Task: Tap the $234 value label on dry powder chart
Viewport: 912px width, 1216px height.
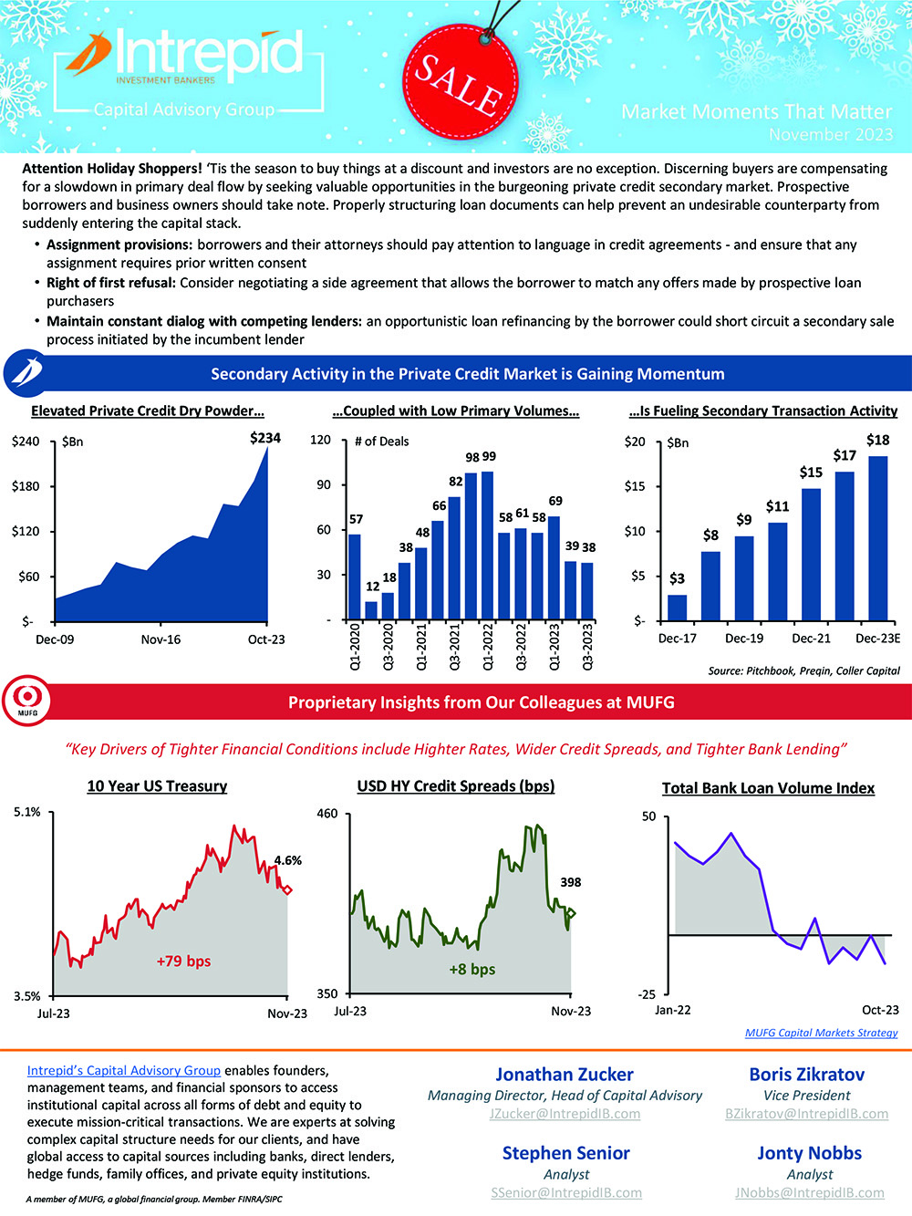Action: [265, 438]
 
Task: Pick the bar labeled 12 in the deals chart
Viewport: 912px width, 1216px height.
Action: [371, 609]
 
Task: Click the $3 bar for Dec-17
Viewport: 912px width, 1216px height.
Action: [677, 607]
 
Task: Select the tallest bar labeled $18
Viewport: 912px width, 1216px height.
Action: [877, 538]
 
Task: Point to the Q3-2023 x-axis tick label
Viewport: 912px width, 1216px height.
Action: [587, 646]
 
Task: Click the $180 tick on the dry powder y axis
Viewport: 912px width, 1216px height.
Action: [26, 486]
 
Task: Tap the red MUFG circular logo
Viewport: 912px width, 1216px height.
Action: [26, 702]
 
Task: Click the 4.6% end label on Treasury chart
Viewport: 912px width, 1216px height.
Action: [287, 860]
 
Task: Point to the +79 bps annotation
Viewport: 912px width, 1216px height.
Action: [183, 961]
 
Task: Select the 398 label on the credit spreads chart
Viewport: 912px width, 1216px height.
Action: [571, 882]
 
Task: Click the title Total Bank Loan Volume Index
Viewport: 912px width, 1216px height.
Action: [768, 788]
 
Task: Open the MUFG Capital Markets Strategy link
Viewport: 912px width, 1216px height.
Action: [821, 1033]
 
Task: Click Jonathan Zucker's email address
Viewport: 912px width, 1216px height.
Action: [565, 1114]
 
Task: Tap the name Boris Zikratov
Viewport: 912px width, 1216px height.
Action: [806, 1075]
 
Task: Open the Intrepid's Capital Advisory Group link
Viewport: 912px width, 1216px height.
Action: [124, 1070]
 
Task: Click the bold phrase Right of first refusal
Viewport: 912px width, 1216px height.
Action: [111, 283]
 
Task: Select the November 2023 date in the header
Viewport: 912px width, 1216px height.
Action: [830, 134]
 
